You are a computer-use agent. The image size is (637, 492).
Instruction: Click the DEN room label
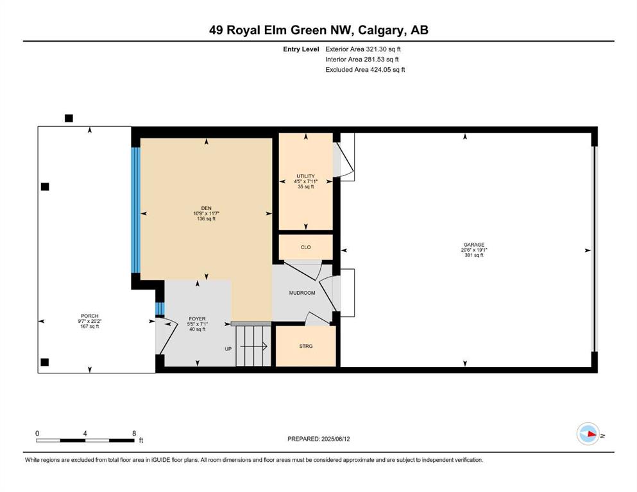[x=207, y=208]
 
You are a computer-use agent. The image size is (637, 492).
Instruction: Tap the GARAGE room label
[x=473, y=245]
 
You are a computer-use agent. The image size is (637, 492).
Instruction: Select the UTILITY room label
[x=305, y=176]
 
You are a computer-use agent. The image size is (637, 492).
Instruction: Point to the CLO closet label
[x=306, y=247]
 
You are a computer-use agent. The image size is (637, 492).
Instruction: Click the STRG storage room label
[x=306, y=346]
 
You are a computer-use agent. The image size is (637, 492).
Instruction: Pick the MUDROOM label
[x=302, y=293]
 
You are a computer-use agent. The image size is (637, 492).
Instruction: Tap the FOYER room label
[x=197, y=319]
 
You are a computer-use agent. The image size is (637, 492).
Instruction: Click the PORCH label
[x=89, y=316]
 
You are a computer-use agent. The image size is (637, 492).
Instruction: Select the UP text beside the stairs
[x=228, y=349]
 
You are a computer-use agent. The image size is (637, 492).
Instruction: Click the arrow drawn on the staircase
[x=253, y=347]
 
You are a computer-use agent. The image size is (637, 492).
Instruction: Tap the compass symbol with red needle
[x=588, y=434]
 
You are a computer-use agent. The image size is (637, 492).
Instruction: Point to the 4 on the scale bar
[x=85, y=433]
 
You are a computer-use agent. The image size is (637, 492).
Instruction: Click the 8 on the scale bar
[x=134, y=433]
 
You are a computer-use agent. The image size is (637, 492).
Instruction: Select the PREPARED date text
[x=318, y=439]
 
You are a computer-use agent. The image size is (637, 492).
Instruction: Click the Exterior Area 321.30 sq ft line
[x=363, y=49]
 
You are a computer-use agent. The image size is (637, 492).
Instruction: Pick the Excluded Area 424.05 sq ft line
[x=365, y=69]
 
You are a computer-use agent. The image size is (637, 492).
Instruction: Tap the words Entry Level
[x=301, y=49]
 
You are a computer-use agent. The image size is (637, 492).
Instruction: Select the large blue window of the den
[x=136, y=209]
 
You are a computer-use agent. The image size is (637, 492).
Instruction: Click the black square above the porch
[x=69, y=118]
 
